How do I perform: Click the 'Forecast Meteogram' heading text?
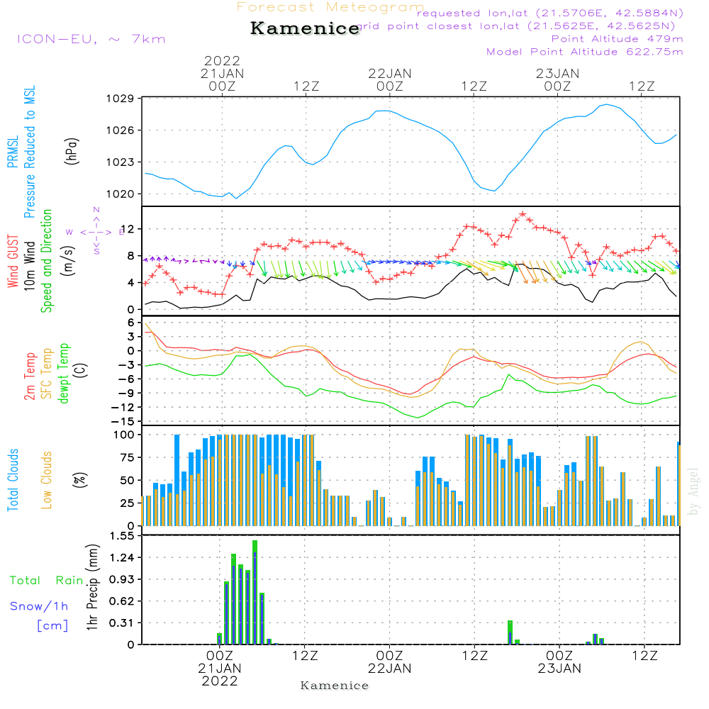(330, 7)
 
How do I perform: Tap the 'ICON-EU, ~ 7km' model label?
(91, 38)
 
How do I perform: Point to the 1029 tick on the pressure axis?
(122, 99)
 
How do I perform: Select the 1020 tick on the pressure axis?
(122, 194)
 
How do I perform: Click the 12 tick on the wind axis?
(128, 229)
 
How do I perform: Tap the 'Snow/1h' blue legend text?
(39, 606)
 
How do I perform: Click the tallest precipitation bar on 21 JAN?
(255, 592)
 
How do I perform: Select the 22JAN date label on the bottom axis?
(389, 668)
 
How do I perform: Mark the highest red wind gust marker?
(523, 213)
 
